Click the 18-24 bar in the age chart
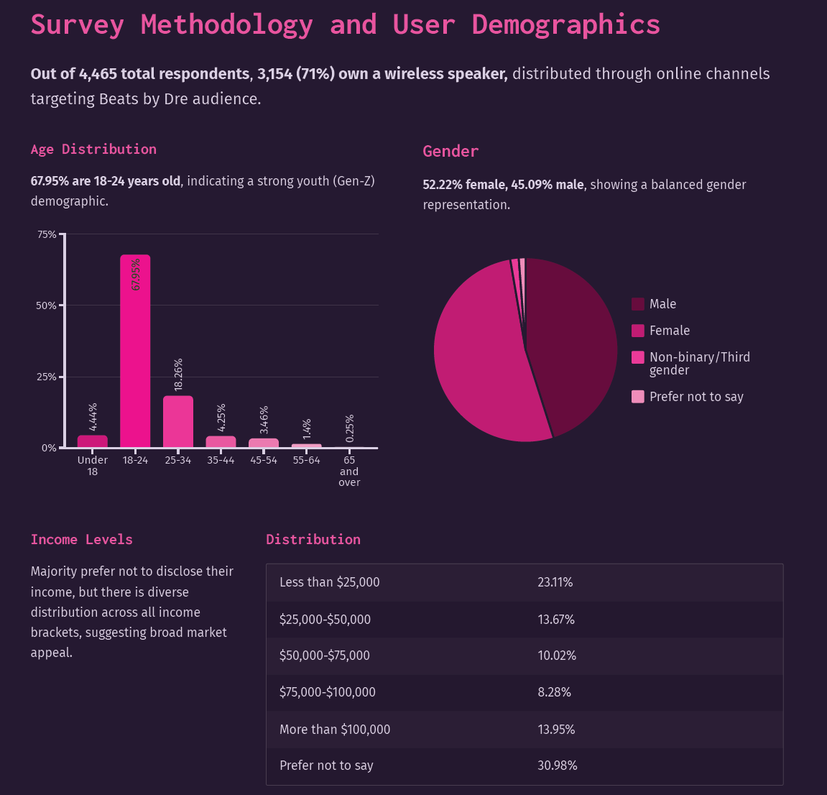click(x=135, y=351)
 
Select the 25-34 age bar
click(x=177, y=421)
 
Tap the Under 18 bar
click(x=92, y=441)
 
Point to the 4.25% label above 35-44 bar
click(x=221, y=418)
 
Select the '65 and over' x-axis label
click(x=349, y=471)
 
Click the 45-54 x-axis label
click(x=264, y=460)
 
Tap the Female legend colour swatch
click(x=637, y=331)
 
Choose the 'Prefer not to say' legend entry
click(x=687, y=397)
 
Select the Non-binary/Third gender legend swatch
click(x=637, y=357)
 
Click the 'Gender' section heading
click(x=451, y=152)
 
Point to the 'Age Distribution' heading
click(x=93, y=150)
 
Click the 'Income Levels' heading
click(x=82, y=539)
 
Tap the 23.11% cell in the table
click(x=555, y=582)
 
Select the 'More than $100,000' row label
click(x=335, y=730)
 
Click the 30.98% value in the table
click(x=558, y=766)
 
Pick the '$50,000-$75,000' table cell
click(x=324, y=656)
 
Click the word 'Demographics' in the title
click(x=565, y=25)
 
